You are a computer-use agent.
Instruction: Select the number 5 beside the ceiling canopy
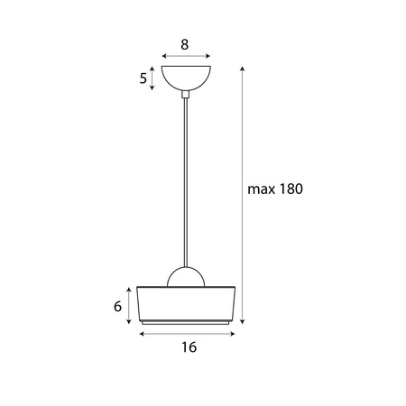click(x=143, y=78)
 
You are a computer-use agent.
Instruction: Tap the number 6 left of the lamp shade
click(x=117, y=306)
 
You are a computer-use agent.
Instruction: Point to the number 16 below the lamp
click(x=188, y=346)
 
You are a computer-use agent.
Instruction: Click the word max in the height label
click(x=262, y=189)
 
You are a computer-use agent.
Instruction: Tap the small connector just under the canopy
click(x=185, y=91)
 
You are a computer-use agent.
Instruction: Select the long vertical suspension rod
click(x=185, y=180)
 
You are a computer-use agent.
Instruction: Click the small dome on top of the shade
click(x=186, y=279)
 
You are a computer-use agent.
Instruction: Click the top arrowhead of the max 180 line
click(x=243, y=69)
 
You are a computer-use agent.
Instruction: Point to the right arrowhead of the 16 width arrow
click(x=236, y=333)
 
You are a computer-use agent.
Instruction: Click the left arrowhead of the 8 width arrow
click(x=162, y=54)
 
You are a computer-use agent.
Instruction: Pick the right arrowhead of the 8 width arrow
click(x=208, y=54)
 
